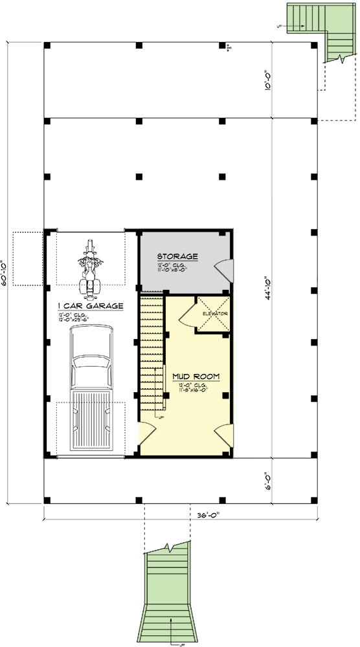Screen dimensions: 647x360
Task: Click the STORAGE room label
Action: coord(177,257)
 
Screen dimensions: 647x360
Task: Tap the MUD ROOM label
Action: coord(195,376)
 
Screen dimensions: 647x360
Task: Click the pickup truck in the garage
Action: coord(90,388)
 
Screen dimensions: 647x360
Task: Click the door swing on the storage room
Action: coord(223,267)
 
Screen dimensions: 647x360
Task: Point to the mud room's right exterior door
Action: coord(223,433)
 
